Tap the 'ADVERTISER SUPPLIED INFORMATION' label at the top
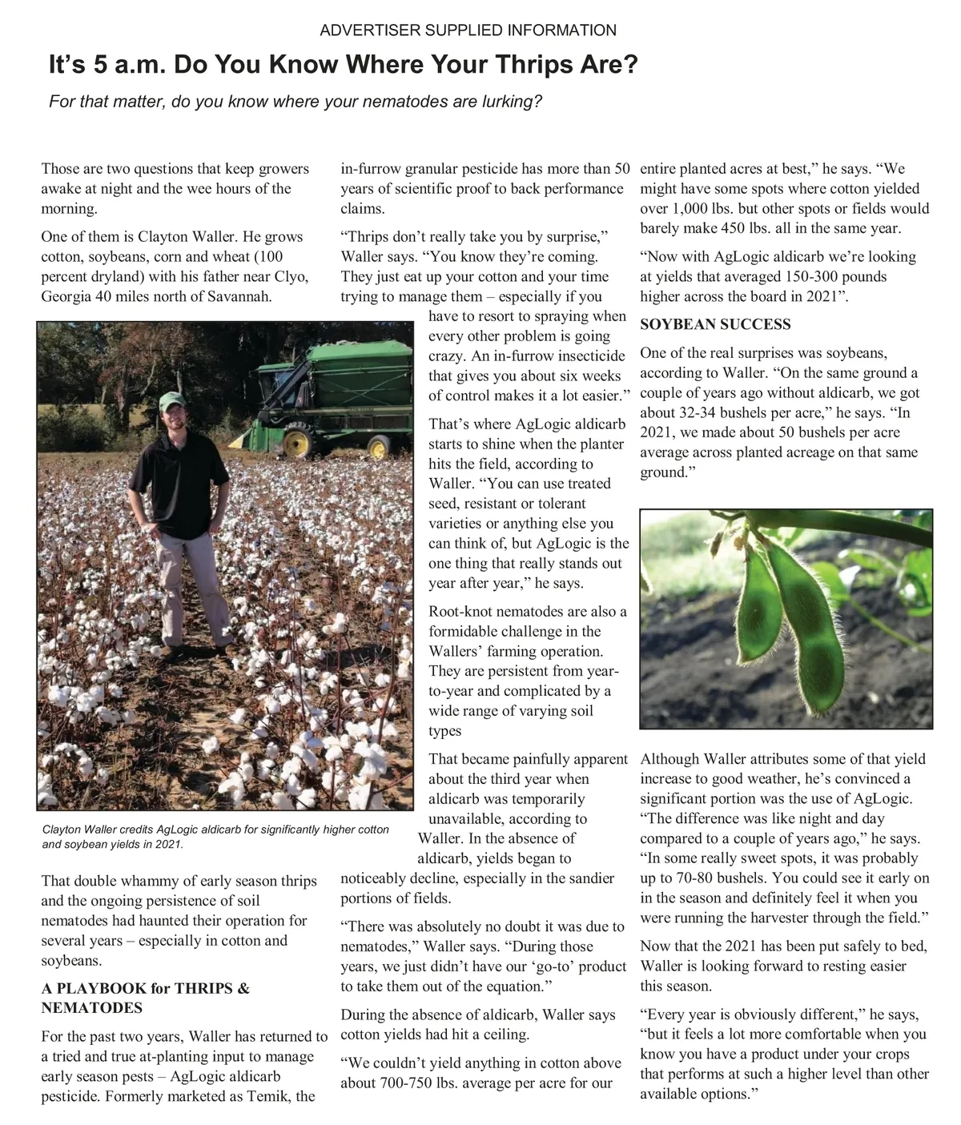coord(468,30)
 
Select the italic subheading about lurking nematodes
coord(296,102)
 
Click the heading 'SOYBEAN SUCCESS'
coord(715,324)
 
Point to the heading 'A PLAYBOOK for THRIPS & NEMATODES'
coord(145,998)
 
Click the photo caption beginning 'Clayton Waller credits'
coord(215,837)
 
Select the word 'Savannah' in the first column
coord(241,296)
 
